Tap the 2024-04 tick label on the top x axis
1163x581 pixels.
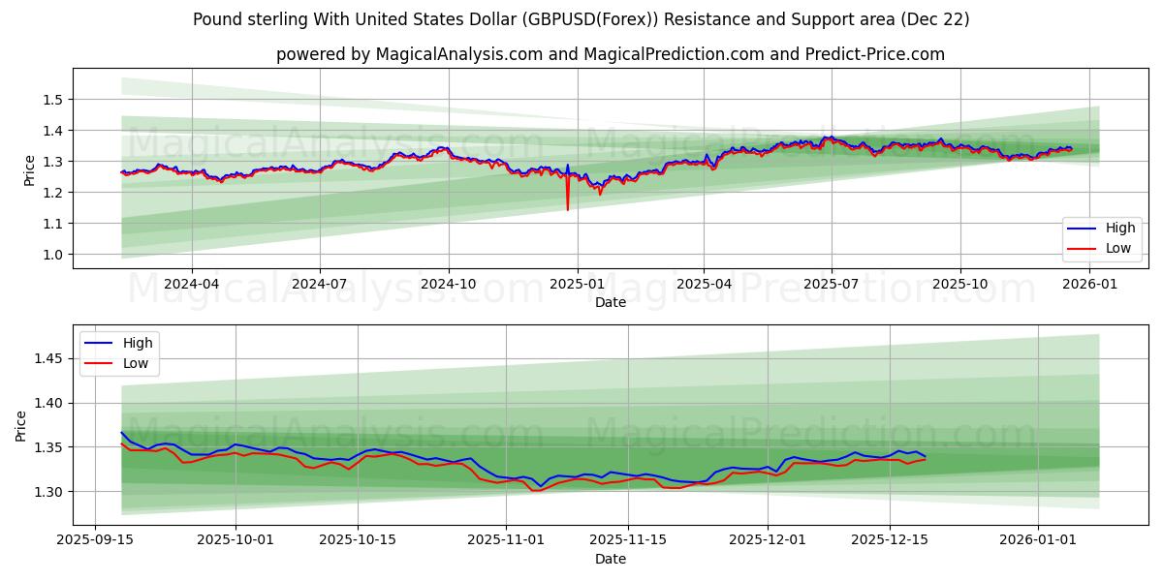point(191,284)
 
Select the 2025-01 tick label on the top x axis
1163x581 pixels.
point(578,284)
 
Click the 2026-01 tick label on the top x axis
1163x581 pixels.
point(1090,284)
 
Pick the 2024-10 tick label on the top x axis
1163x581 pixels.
point(449,284)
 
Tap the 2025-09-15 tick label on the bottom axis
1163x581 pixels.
point(95,540)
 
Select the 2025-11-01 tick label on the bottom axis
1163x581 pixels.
point(506,540)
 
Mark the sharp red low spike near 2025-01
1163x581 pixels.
point(568,208)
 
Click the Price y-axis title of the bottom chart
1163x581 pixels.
point(21,425)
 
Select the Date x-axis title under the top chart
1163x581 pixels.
point(611,302)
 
